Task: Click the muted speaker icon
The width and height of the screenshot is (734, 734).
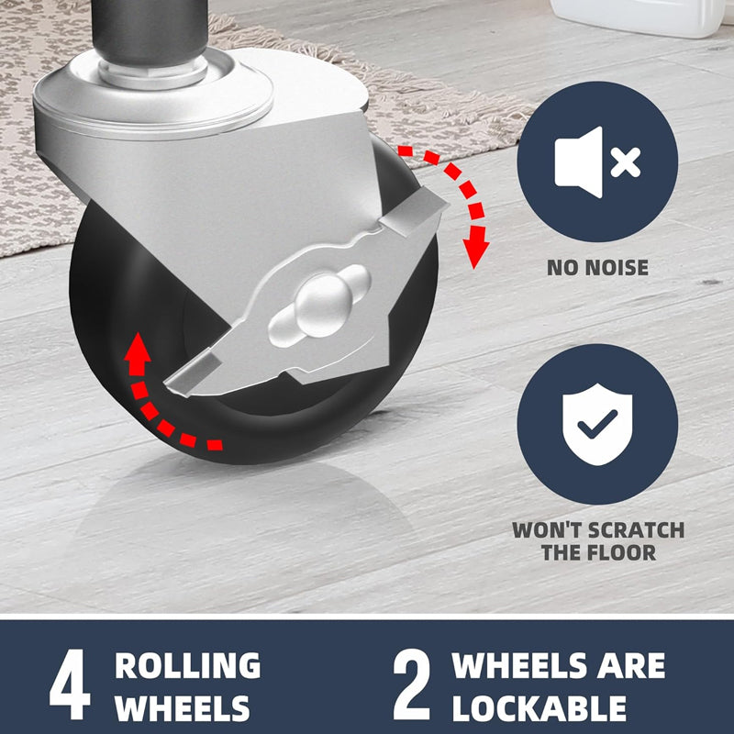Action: [597, 162]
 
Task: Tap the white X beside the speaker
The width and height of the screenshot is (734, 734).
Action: [626, 162]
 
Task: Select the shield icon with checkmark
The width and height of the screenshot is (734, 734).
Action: [597, 424]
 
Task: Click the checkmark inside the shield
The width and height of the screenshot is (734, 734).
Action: [597, 423]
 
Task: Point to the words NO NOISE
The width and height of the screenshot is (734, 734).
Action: [598, 268]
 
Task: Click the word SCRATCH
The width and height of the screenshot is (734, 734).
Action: [636, 530]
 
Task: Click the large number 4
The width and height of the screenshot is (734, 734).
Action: [70, 684]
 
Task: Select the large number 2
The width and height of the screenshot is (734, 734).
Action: [411, 684]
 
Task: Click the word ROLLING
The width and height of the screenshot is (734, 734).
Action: [188, 665]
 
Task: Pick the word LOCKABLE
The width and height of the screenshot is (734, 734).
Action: [539, 708]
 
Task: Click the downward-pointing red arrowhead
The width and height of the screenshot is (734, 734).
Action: [475, 247]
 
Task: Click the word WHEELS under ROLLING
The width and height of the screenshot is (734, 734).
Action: [182, 708]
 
